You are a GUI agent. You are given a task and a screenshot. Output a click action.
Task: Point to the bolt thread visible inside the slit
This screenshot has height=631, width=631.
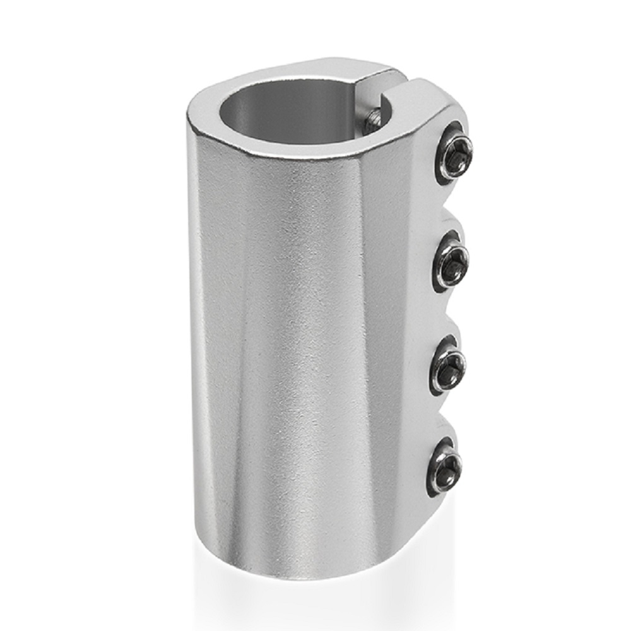click(375, 117)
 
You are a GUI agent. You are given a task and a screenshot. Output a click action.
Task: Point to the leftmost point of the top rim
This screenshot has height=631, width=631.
click(187, 117)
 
